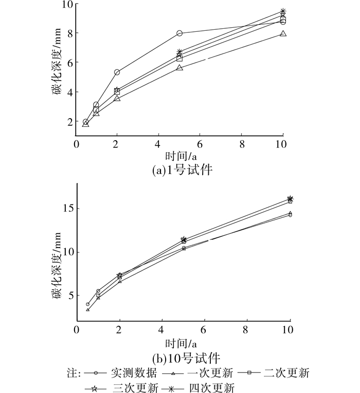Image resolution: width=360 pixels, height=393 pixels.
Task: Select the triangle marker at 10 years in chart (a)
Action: [283, 34]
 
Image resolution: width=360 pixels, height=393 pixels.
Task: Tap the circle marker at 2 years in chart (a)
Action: [117, 72]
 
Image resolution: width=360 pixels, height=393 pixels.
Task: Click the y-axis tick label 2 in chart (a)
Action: [68, 122]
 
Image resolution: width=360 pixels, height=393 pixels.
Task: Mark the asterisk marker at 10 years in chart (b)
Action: [290, 199]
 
